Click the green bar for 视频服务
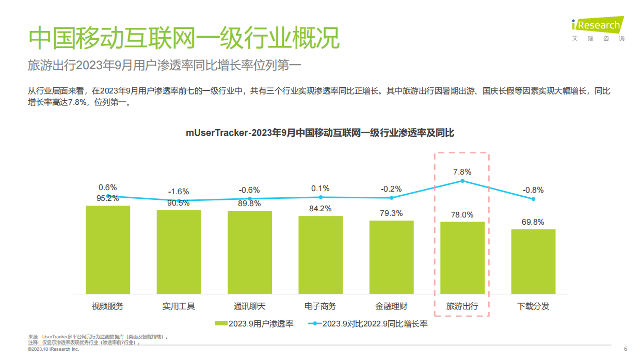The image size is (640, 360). click(107, 250)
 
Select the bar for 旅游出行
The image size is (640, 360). click(462, 258)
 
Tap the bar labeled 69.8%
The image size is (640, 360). click(533, 262)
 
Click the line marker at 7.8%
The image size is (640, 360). click(462, 181)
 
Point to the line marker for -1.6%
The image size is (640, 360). click(179, 201)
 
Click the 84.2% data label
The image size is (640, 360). click(321, 209)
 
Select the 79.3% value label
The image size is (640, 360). click(391, 213)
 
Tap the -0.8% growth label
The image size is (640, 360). click(533, 190)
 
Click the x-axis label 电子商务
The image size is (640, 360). click(321, 306)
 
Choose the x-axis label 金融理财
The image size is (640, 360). click(391, 306)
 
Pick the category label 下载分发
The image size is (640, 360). click(533, 306)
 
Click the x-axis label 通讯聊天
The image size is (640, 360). click(249, 306)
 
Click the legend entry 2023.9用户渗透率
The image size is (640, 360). click(254, 324)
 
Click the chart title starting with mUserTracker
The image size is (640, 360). click(320, 133)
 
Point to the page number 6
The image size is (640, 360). click(626, 349)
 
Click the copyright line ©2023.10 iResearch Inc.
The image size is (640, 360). click(53, 350)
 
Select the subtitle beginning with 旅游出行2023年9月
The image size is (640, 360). click(164, 66)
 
